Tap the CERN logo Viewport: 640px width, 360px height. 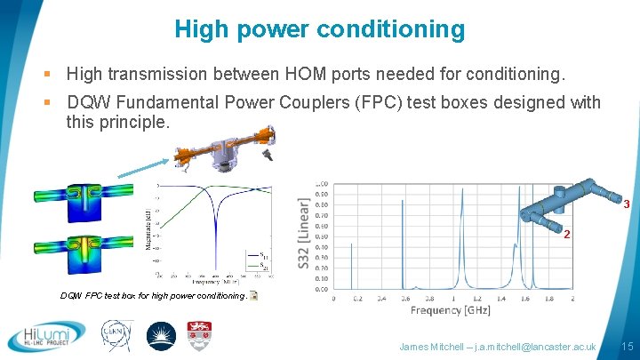click(115, 337)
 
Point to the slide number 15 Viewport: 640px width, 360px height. click(627, 346)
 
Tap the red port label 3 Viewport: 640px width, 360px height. click(626, 204)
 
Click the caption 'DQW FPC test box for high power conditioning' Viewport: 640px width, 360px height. click(152, 296)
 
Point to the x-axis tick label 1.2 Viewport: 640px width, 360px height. click(477, 300)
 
